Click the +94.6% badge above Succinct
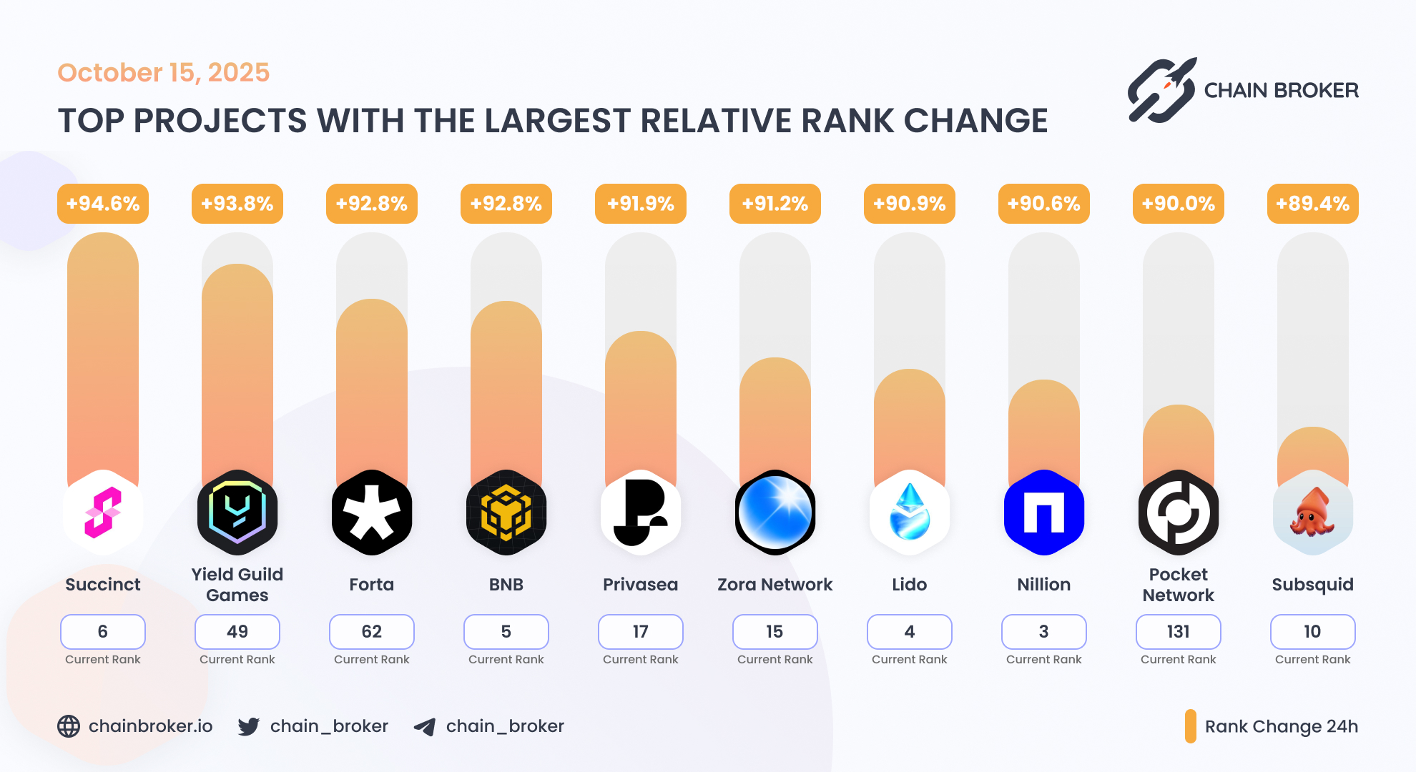pyautogui.click(x=103, y=204)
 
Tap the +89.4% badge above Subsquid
pyautogui.click(x=1312, y=204)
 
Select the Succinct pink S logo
pyautogui.click(x=103, y=513)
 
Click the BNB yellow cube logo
pyautogui.click(x=506, y=513)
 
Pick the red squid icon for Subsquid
pyautogui.click(x=1312, y=513)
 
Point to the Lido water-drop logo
pyautogui.click(x=909, y=513)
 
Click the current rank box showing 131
pyautogui.click(x=1178, y=632)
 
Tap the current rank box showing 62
pyautogui.click(x=372, y=632)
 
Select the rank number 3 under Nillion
pyautogui.click(x=1043, y=632)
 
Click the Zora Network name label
pyautogui.click(x=775, y=585)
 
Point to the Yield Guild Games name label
pyautogui.click(x=237, y=585)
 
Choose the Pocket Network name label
pyautogui.click(x=1178, y=585)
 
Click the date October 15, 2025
pyautogui.click(x=164, y=73)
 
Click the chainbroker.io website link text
pyautogui.click(x=150, y=726)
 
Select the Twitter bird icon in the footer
pyautogui.click(x=249, y=726)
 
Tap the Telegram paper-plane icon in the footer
pyautogui.click(x=425, y=727)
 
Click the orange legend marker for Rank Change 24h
pyautogui.click(x=1190, y=726)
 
